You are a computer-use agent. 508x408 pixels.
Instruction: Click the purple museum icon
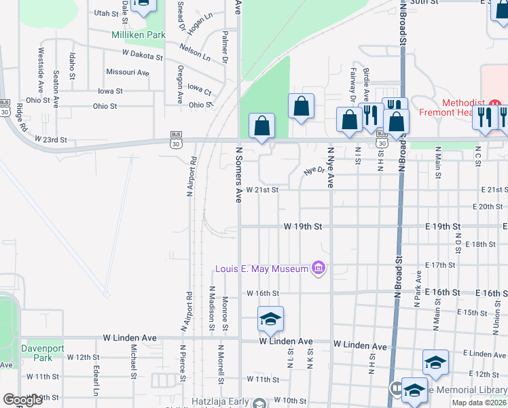(x=318, y=269)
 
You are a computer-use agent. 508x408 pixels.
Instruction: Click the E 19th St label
(x=442, y=226)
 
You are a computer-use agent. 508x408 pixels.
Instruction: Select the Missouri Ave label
(x=128, y=72)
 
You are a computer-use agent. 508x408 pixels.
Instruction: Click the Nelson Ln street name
(x=195, y=52)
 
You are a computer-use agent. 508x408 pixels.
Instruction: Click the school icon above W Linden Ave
(x=270, y=320)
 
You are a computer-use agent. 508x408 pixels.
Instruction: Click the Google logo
(x=22, y=400)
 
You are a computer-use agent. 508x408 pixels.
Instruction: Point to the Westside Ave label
(x=41, y=70)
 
